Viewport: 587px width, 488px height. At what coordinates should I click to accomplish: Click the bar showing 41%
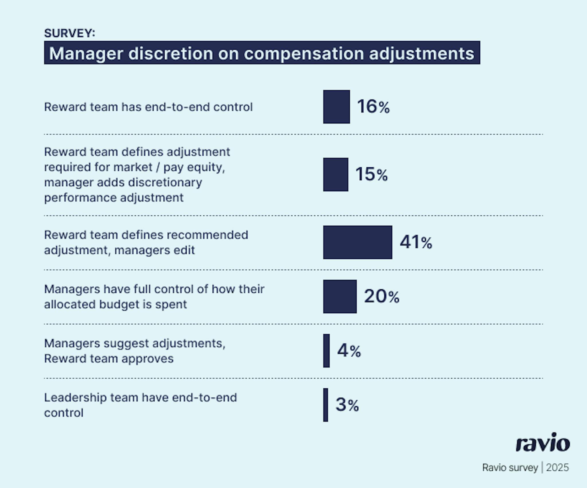tap(357, 242)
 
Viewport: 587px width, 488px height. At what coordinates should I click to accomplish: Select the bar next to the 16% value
tap(336, 107)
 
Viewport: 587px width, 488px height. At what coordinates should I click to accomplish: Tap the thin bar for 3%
tap(326, 405)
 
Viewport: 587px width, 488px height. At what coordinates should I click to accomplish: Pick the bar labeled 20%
tap(340, 297)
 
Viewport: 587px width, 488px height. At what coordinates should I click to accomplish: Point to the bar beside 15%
tap(336, 174)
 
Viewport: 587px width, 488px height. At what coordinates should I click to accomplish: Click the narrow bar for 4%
tap(326, 350)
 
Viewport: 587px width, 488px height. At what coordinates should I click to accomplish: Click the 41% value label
tap(416, 242)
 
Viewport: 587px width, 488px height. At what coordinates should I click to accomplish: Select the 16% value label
tap(373, 107)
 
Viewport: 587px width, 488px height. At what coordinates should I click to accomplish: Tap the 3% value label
tap(347, 405)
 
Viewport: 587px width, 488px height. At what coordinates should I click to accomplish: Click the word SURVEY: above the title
tap(69, 33)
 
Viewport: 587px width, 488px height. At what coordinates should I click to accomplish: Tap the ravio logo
tap(543, 443)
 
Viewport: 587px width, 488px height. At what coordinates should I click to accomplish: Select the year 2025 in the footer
tap(557, 468)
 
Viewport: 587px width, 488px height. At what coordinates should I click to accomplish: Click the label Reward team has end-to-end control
tap(148, 107)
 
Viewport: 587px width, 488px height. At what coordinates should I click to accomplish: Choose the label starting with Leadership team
tap(140, 398)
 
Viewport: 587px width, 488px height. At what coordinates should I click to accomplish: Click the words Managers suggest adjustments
tap(135, 343)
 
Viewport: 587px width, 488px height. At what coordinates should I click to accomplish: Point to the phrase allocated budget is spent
tap(115, 304)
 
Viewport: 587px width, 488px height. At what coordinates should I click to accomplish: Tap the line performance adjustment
tap(114, 198)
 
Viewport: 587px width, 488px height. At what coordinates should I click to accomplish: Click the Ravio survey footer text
tap(510, 468)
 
